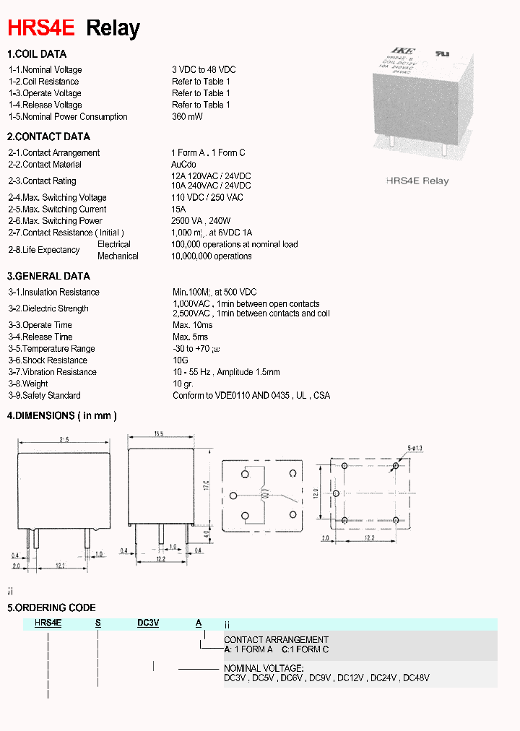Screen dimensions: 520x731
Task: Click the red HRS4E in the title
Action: (x=41, y=28)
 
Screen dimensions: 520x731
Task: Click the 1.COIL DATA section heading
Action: (x=37, y=54)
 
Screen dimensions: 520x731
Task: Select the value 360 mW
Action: (x=187, y=116)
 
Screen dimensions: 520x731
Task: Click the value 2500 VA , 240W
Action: (x=201, y=221)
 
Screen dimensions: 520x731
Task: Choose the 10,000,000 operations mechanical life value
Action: (x=212, y=256)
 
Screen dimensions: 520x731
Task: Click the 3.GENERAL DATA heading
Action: (x=48, y=276)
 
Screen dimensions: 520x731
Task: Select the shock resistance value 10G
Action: (x=180, y=360)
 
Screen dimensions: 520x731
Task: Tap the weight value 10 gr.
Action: (x=183, y=384)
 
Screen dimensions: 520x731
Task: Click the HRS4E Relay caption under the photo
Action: (x=417, y=181)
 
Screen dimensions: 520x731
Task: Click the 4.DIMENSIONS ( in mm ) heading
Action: (x=61, y=415)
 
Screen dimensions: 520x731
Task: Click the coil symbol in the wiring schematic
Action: (x=264, y=495)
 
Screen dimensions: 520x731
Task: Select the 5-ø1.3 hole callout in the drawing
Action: (x=415, y=449)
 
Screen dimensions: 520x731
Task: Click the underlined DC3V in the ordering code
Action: (x=148, y=623)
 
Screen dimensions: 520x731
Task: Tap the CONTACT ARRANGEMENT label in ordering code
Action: (x=276, y=640)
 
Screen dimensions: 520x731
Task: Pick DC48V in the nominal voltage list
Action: (x=416, y=678)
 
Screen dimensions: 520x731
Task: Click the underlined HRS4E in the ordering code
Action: (x=48, y=623)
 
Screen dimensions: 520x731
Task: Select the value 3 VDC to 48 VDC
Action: (x=204, y=69)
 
